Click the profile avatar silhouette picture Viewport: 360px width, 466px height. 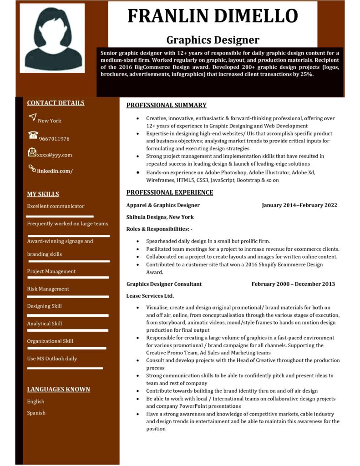(x=52, y=39)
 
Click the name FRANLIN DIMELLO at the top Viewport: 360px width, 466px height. (x=213, y=16)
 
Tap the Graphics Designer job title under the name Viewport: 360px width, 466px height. (x=213, y=40)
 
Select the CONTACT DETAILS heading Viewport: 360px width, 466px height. (x=56, y=103)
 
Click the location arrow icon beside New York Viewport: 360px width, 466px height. (x=32, y=117)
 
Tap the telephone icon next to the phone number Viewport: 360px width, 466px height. (x=33, y=135)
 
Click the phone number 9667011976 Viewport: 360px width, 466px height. (x=54, y=139)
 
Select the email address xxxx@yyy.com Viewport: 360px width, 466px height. (x=55, y=155)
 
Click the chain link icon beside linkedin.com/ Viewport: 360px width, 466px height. (x=32, y=168)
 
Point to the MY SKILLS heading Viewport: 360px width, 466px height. (x=43, y=194)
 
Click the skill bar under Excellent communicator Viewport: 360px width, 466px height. (x=60, y=217)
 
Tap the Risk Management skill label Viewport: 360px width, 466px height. (x=48, y=289)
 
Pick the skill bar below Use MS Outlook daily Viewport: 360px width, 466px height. (x=65, y=368)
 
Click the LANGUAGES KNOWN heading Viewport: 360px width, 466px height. (x=58, y=390)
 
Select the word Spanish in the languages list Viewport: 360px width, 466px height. (x=36, y=413)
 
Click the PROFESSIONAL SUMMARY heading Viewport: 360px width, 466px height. (x=166, y=105)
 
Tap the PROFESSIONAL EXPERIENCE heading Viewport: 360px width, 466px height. (x=169, y=192)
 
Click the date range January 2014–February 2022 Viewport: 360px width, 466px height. (x=299, y=205)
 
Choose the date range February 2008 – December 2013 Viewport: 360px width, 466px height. (x=293, y=284)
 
